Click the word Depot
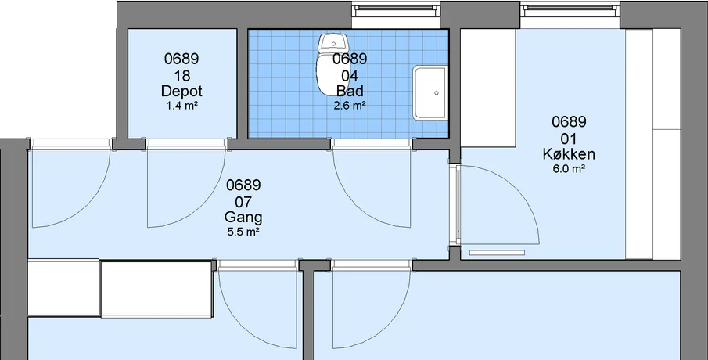[181, 92]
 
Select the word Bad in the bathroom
[350, 92]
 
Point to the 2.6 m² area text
[350, 106]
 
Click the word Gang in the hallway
[243, 218]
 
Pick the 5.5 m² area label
[243, 232]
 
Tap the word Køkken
[569, 154]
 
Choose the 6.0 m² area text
[569, 169]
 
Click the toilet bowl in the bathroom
[329, 74]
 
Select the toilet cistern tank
[334, 42]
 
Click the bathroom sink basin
[430, 92]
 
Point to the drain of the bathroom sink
[437, 92]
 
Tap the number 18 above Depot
[181, 75]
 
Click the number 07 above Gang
[243, 202]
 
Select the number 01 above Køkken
[569, 139]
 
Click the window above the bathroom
[396, 10]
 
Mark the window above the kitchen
[570, 10]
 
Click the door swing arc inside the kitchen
[520, 189]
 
